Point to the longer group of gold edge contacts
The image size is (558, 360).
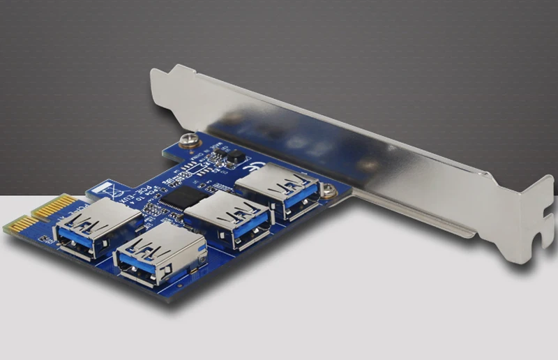[54, 206]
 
